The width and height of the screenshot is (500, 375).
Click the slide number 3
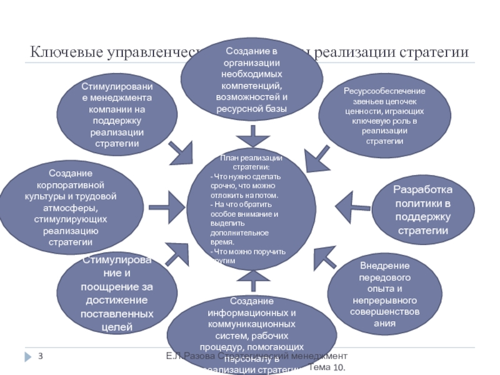tap(40, 356)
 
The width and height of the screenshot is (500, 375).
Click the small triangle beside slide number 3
tap(27, 356)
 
